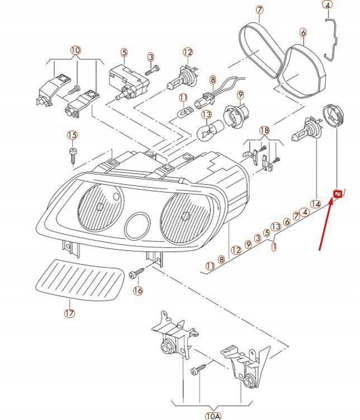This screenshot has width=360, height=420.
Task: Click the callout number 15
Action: [72, 135]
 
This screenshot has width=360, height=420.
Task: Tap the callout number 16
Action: [138, 290]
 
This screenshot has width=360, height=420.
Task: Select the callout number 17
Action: [69, 313]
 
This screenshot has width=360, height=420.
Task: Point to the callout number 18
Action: [264, 130]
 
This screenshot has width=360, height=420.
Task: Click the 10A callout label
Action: [213, 416]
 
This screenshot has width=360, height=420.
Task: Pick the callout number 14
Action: [315, 204]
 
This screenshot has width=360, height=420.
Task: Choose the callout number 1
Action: [274, 246]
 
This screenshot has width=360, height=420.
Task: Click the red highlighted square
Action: [338, 194]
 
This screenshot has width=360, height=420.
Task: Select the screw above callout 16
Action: [136, 274]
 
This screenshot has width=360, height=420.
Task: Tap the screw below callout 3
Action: [152, 70]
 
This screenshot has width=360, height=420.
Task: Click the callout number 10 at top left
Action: [75, 51]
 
